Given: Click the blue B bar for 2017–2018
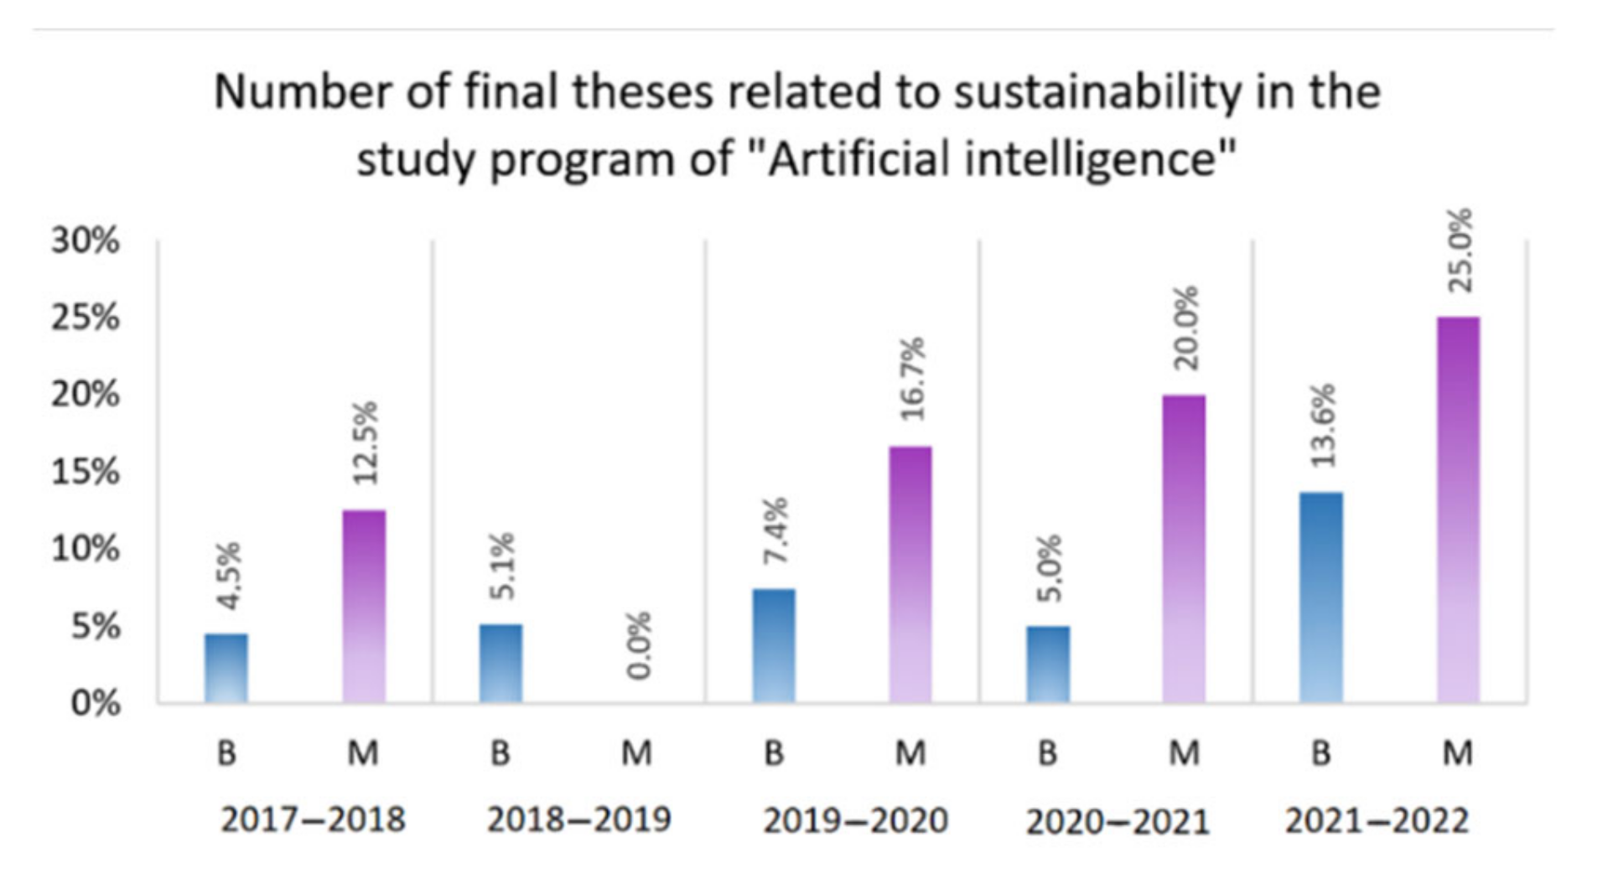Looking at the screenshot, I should coord(226,668).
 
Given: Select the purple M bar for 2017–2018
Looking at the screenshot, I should coord(365,606).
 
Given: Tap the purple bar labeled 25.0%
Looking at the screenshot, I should coord(1458,510).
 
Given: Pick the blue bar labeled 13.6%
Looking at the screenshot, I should coord(1321,597).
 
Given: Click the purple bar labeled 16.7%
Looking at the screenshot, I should coord(910,574).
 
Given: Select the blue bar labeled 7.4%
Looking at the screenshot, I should coord(774,645).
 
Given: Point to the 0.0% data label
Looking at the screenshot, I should coord(638,645).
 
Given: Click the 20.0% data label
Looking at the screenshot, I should coord(1185,329).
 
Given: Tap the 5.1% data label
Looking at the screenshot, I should coord(501,566).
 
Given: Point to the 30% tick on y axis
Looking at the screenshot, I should coord(86,241).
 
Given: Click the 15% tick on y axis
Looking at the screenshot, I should coord(86,473).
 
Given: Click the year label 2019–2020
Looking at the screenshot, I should coord(855,820).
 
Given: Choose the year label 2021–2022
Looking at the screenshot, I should coord(1377,820).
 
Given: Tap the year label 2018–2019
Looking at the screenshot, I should coord(579,819).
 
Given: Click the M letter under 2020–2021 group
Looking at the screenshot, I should coord(1185,753).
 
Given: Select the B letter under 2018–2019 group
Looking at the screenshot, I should coord(500,753).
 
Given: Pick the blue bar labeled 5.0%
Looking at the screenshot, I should coord(1048,664).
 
